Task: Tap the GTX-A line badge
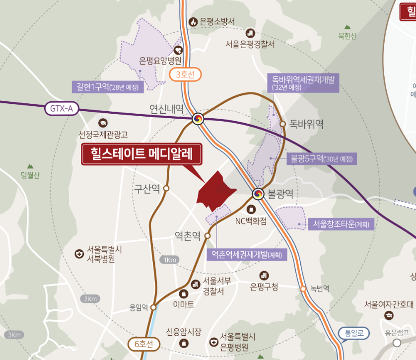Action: [62, 108]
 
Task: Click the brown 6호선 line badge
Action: [144, 343]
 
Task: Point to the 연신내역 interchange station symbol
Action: [198, 119]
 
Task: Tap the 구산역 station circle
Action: [166, 188]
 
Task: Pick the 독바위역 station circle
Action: [282, 123]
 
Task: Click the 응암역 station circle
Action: [154, 307]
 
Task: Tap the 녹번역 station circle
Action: [303, 288]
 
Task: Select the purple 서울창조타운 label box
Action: [341, 224]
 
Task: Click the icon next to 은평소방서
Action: [193, 22]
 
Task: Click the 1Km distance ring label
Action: [169, 260]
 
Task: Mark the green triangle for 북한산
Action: [347, 26]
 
